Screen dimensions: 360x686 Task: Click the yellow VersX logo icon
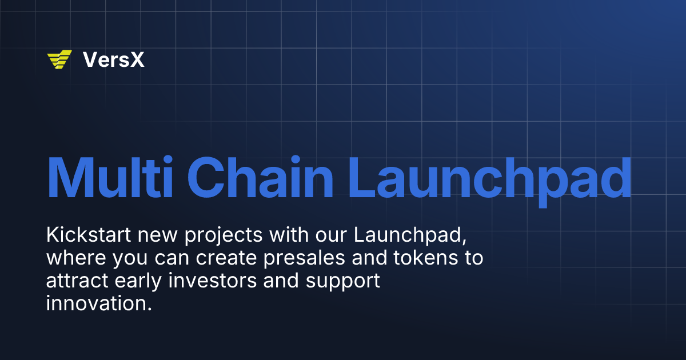(59, 59)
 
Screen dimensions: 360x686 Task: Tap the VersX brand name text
(113, 59)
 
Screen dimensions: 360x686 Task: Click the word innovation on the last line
(98, 303)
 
